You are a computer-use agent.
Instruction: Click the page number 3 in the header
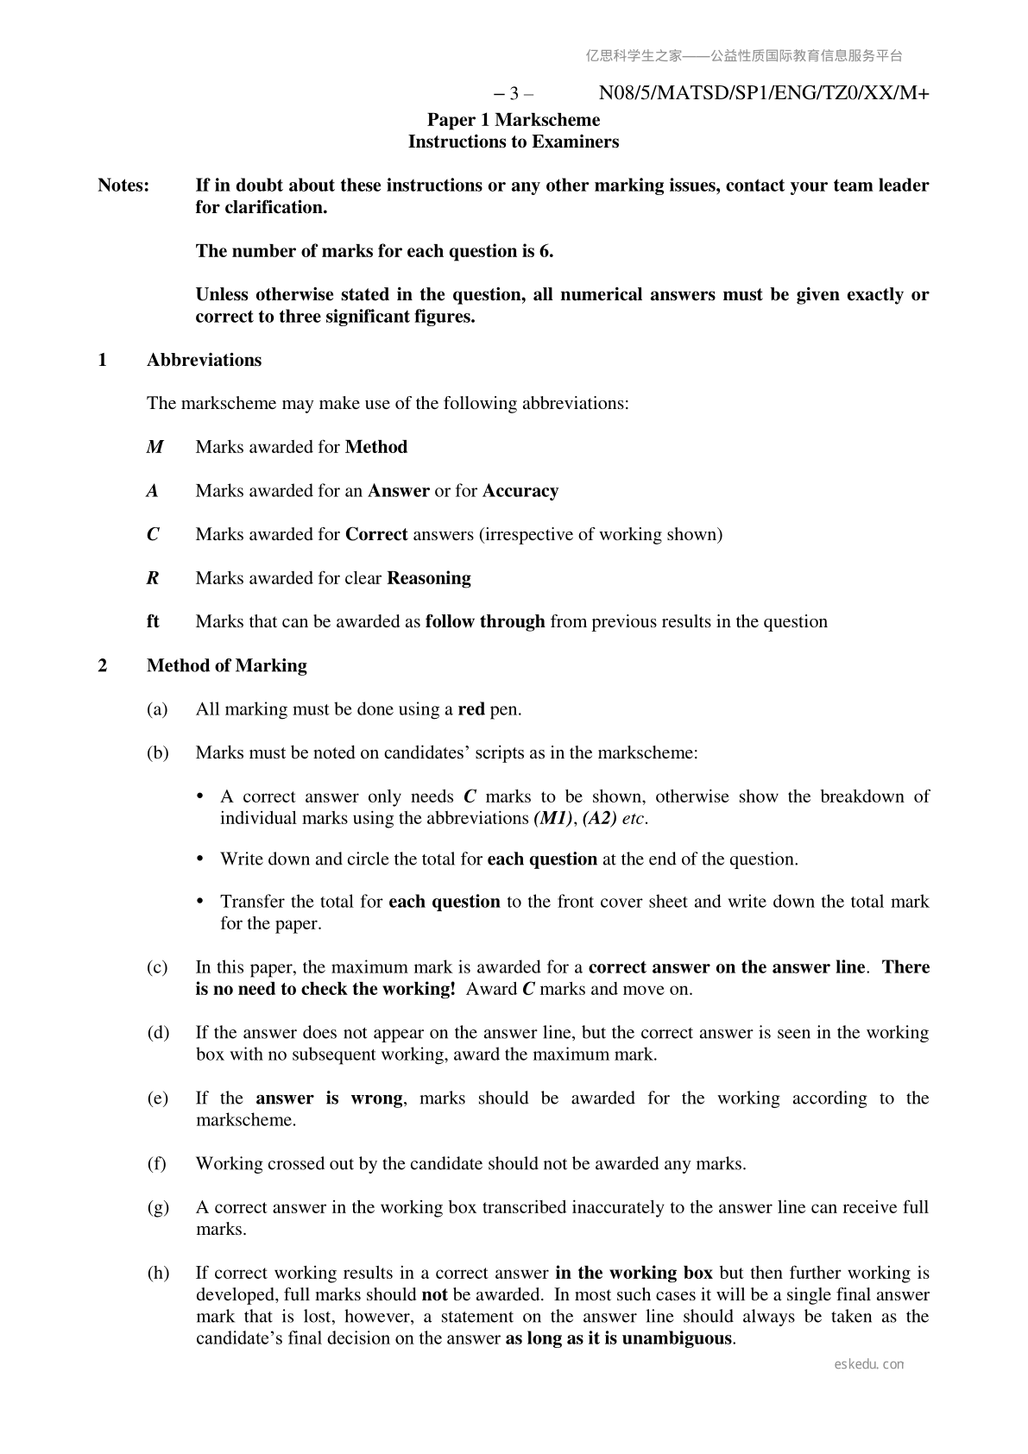[514, 93]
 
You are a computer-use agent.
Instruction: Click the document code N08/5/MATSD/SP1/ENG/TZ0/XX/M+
[763, 93]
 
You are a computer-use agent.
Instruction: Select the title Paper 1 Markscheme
[514, 119]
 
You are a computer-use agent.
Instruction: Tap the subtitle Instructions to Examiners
[514, 142]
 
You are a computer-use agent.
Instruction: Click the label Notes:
[123, 186]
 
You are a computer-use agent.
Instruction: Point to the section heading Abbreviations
[204, 360]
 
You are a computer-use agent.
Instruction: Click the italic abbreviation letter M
[155, 447]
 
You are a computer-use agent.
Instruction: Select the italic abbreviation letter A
[153, 491]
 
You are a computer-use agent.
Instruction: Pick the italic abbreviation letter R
[153, 578]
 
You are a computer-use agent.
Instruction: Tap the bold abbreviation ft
[153, 621]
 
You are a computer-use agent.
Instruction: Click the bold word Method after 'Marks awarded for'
[376, 447]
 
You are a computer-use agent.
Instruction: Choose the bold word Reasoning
[429, 578]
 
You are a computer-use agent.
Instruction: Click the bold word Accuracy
[520, 491]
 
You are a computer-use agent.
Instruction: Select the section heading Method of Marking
[226, 665]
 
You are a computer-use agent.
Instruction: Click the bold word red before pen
[471, 709]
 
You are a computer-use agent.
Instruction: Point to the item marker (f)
[157, 1163]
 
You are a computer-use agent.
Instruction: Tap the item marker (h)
[157, 1273]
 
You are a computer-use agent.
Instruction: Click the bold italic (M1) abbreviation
[553, 818]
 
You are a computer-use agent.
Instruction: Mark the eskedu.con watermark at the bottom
[869, 1364]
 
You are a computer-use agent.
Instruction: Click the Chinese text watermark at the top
[744, 56]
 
